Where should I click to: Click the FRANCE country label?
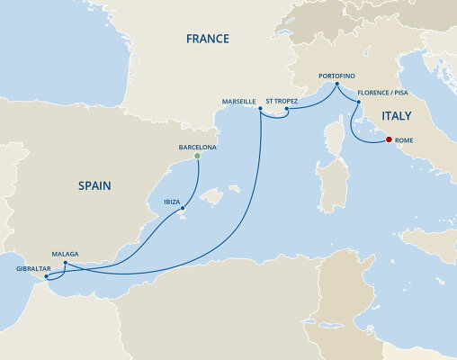pos(207,39)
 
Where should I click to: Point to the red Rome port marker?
pos(389,139)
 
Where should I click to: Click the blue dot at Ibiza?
pos(183,210)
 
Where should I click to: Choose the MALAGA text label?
pos(67,255)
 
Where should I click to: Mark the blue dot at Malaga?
pos(65,264)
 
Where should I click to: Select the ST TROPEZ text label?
pos(288,102)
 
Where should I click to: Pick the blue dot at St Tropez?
pos(286,111)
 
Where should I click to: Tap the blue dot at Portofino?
pos(337,85)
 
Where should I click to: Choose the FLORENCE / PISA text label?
pos(388,93)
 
